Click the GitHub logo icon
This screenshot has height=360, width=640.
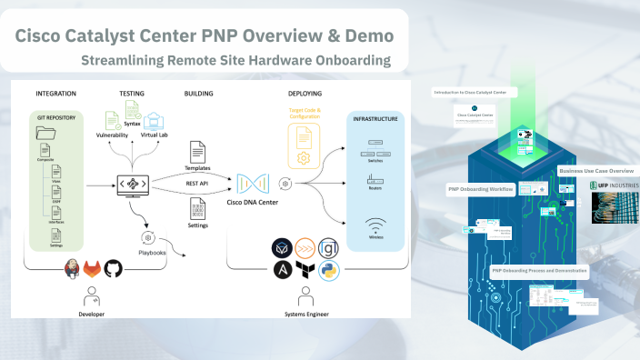click(113, 269)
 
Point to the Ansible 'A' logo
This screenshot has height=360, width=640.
click(283, 270)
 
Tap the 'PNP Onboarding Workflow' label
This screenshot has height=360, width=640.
click(480, 189)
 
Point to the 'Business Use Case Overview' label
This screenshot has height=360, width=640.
click(595, 170)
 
